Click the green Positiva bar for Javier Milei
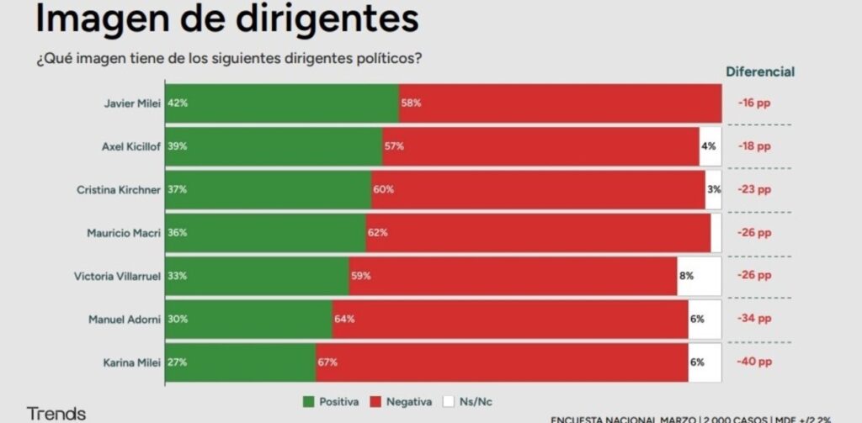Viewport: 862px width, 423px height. click(x=282, y=103)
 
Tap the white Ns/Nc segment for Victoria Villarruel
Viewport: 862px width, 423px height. click(x=699, y=276)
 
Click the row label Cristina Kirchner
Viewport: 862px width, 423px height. click(x=119, y=189)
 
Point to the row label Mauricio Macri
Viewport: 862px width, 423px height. click(x=124, y=232)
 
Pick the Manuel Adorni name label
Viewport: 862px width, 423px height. click(x=125, y=319)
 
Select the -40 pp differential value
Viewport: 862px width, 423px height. click(x=753, y=362)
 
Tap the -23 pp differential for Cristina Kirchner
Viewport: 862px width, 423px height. click(x=753, y=189)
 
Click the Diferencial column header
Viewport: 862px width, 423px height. click(x=760, y=71)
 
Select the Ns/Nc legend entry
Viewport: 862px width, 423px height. click(x=468, y=401)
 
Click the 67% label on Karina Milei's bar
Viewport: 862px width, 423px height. click(x=327, y=362)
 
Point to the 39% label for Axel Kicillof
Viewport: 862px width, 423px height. click(x=177, y=146)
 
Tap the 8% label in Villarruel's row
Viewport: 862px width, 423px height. click(x=686, y=276)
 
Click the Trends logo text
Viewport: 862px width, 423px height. click(x=56, y=413)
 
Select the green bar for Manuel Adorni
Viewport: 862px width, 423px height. click(x=248, y=319)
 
